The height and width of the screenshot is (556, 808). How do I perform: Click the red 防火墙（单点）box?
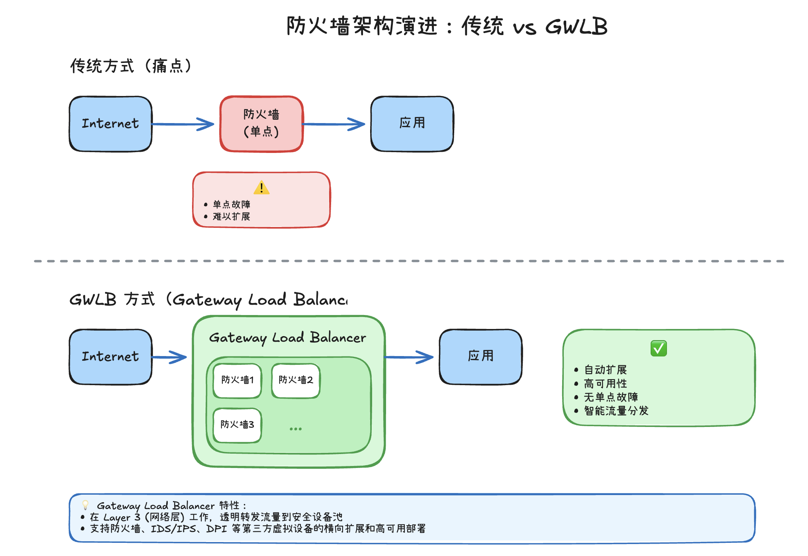point(262,123)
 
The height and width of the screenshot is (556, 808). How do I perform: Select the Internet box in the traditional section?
point(110,123)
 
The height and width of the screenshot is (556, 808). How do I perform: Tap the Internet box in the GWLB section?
point(110,356)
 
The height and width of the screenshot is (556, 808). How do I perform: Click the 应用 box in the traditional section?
point(412,123)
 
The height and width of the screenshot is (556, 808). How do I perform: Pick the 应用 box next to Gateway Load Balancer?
point(480,356)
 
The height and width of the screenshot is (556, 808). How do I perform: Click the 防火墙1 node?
point(237,380)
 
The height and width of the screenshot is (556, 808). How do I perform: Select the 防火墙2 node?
point(296,380)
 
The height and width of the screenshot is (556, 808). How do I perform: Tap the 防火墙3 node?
point(237,425)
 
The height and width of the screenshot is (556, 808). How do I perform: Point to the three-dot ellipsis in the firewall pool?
point(296,429)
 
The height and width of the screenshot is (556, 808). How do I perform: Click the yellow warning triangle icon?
point(261,188)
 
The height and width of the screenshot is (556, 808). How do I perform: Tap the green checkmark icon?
point(659,348)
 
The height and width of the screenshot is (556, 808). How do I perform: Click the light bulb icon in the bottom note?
point(85,505)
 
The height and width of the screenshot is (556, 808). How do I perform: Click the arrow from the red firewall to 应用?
point(334,124)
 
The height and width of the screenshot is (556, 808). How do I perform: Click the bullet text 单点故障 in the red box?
point(231,205)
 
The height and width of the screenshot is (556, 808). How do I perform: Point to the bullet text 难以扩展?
point(231,217)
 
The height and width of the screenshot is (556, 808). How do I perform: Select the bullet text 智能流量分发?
point(616,411)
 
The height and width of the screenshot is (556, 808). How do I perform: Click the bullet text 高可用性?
point(605,384)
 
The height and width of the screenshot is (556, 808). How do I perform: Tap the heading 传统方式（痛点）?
point(131,66)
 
